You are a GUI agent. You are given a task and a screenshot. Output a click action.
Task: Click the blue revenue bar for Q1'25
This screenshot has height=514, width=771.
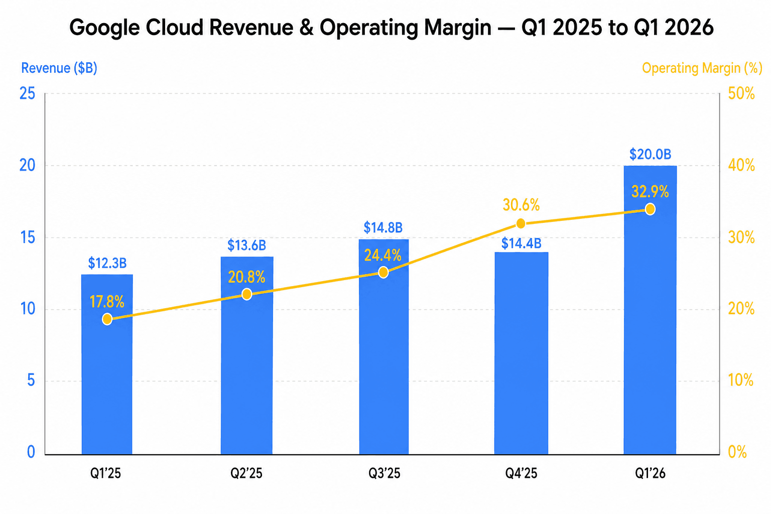[107, 381]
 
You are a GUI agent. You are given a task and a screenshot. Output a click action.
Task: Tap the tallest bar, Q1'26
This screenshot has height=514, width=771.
[650, 326]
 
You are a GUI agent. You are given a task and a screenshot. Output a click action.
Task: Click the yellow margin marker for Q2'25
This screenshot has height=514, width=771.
[246, 294]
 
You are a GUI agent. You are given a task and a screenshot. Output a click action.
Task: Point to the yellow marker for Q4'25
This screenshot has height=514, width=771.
[521, 223]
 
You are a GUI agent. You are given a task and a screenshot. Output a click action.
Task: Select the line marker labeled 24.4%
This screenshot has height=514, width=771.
[383, 273]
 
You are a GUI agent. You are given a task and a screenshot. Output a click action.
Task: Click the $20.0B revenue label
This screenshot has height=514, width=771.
[650, 154]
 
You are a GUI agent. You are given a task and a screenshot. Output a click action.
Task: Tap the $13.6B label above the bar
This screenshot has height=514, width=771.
[246, 245]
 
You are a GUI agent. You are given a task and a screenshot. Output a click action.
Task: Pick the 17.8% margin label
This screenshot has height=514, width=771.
[107, 302]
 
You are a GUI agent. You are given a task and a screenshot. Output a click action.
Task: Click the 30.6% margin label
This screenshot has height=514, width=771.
[521, 205]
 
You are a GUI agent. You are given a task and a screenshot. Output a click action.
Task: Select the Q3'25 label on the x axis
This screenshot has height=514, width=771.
[384, 473]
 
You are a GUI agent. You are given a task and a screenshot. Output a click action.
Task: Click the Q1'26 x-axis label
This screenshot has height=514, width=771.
[650, 473]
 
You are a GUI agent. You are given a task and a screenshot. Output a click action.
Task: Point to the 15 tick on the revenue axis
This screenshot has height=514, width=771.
[27, 237]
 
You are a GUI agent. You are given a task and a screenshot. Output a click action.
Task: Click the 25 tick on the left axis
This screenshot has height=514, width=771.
[27, 93]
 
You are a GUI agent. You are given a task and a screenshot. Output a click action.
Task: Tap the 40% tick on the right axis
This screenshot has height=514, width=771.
[741, 166]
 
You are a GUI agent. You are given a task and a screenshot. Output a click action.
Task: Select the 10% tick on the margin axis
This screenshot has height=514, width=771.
[741, 380]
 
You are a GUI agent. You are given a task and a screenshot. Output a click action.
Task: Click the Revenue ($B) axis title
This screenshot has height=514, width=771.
[59, 68]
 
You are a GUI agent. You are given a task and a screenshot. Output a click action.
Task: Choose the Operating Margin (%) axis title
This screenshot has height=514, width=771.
[702, 68]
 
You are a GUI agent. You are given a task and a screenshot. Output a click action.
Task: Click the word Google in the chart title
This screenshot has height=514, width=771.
[104, 28]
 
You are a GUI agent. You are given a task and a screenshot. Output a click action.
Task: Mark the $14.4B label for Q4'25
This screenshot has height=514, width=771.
[521, 244]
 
